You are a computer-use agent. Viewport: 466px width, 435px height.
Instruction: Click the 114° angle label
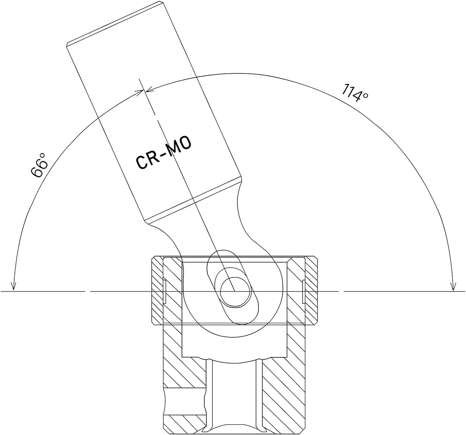click(x=354, y=93)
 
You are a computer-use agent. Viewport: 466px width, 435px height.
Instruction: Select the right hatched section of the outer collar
click(x=311, y=290)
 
